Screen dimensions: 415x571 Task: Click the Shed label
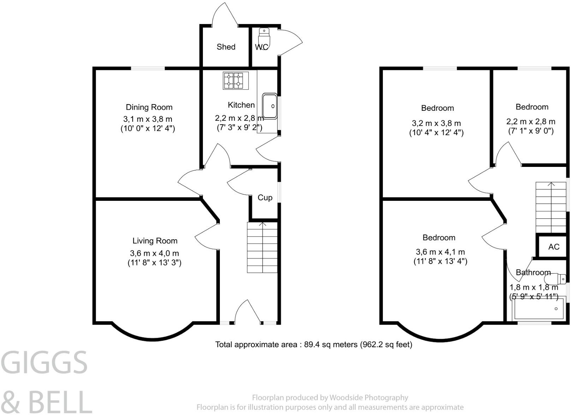coord(226,47)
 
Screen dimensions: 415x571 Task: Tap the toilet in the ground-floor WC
coord(264,37)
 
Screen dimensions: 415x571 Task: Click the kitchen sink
coord(270,106)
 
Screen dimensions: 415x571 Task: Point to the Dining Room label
coord(149,107)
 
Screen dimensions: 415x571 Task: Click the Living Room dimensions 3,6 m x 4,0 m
coord(154,253)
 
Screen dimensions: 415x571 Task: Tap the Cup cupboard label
coord(265,198)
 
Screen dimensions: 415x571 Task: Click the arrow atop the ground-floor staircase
coord(262,224)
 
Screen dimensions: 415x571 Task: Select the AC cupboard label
coord(554,247)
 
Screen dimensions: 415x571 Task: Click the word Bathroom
coord(533,272)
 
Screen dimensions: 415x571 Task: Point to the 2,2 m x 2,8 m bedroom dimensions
coord(530,122)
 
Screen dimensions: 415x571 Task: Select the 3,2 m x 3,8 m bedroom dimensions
coord(436,124)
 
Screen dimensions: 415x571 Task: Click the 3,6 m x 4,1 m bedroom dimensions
coord(440,252)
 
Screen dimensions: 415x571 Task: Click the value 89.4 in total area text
coord(312,344)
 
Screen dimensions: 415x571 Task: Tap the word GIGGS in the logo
coord(44,363)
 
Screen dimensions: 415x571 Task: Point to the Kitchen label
coord(241,105)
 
